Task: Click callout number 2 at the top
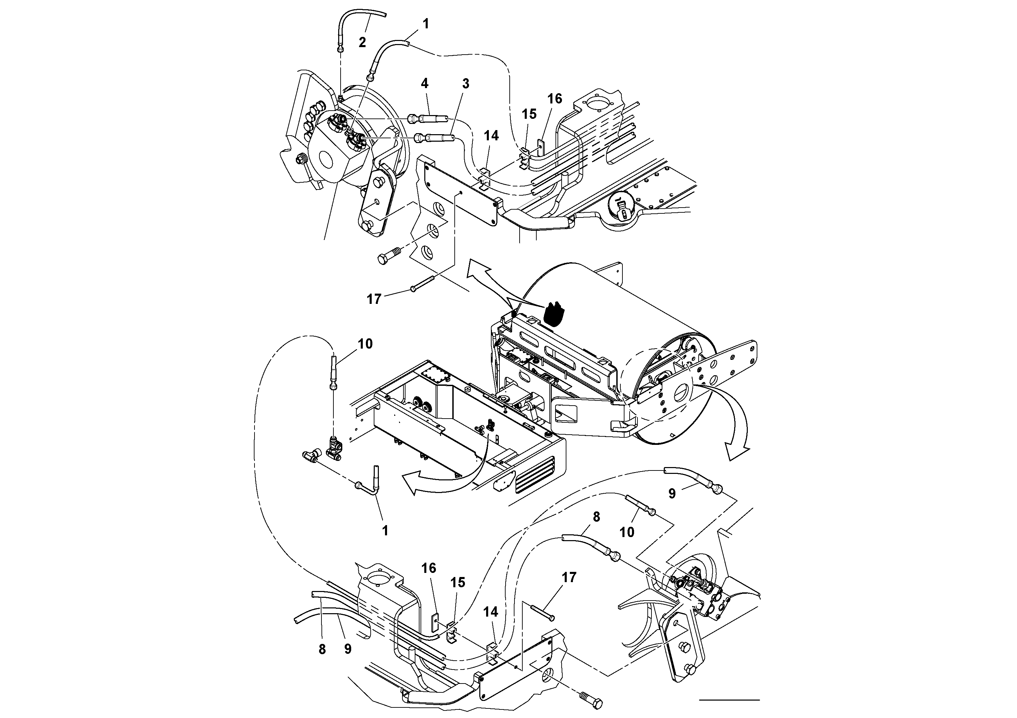[362, 42]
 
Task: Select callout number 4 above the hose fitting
[424, 83]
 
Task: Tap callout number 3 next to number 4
[465, 84]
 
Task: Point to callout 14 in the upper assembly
[491, 136]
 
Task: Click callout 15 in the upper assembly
[529, 114]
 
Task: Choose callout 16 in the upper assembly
[554, 99]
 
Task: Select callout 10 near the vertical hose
[365, 343]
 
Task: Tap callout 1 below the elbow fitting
[385, 530]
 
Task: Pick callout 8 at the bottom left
[322, 649]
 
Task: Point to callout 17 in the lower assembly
[569, 577]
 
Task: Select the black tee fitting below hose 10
[333, 453]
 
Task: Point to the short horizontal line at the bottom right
[729, 700]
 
